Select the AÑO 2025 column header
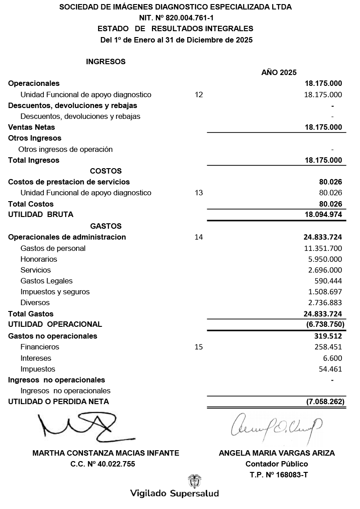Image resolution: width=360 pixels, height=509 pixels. [279, 72]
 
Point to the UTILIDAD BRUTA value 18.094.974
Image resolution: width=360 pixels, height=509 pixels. [323, 215]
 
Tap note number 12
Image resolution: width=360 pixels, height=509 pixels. [199, 95]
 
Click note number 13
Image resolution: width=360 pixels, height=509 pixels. [199, 193]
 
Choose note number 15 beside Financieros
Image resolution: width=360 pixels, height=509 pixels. [199, 347]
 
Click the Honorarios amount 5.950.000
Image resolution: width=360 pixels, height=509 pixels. [325, 259]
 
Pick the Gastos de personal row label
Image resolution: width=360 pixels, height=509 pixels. [53, 248]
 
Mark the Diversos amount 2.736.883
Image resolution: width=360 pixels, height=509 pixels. [325, 303]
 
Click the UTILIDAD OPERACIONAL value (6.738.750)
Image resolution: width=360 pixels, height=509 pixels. [325, 324]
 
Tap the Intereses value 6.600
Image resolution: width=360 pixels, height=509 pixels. [332, 358]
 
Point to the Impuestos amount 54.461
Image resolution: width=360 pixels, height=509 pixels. [330, 369]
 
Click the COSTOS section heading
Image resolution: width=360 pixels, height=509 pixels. [106, 171]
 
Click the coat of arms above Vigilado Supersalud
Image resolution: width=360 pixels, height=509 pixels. [194, 481]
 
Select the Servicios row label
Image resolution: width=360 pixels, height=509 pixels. [36, 270]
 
